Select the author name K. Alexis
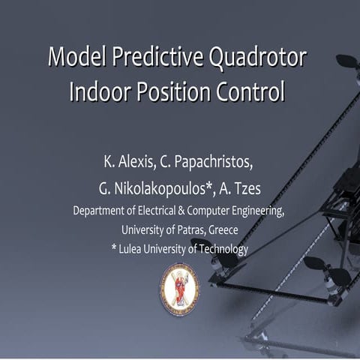tap(125, 162)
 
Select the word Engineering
tap(256, 211)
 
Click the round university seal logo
tap(179, 287)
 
